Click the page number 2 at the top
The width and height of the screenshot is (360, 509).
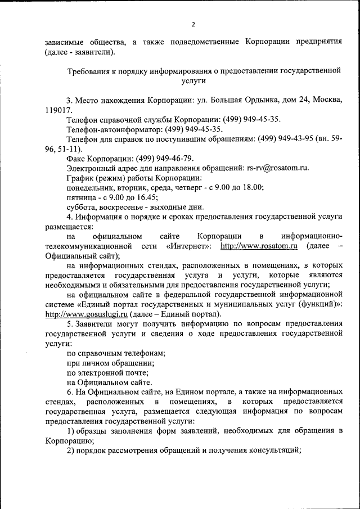point(193,24)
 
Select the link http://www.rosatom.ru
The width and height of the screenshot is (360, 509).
point(259,246)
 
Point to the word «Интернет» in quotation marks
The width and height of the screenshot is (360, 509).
point(190,246)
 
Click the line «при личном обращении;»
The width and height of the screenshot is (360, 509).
point(110,363)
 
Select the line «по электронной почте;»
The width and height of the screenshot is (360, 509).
point(107,372)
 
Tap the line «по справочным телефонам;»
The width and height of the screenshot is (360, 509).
point(115,353)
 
